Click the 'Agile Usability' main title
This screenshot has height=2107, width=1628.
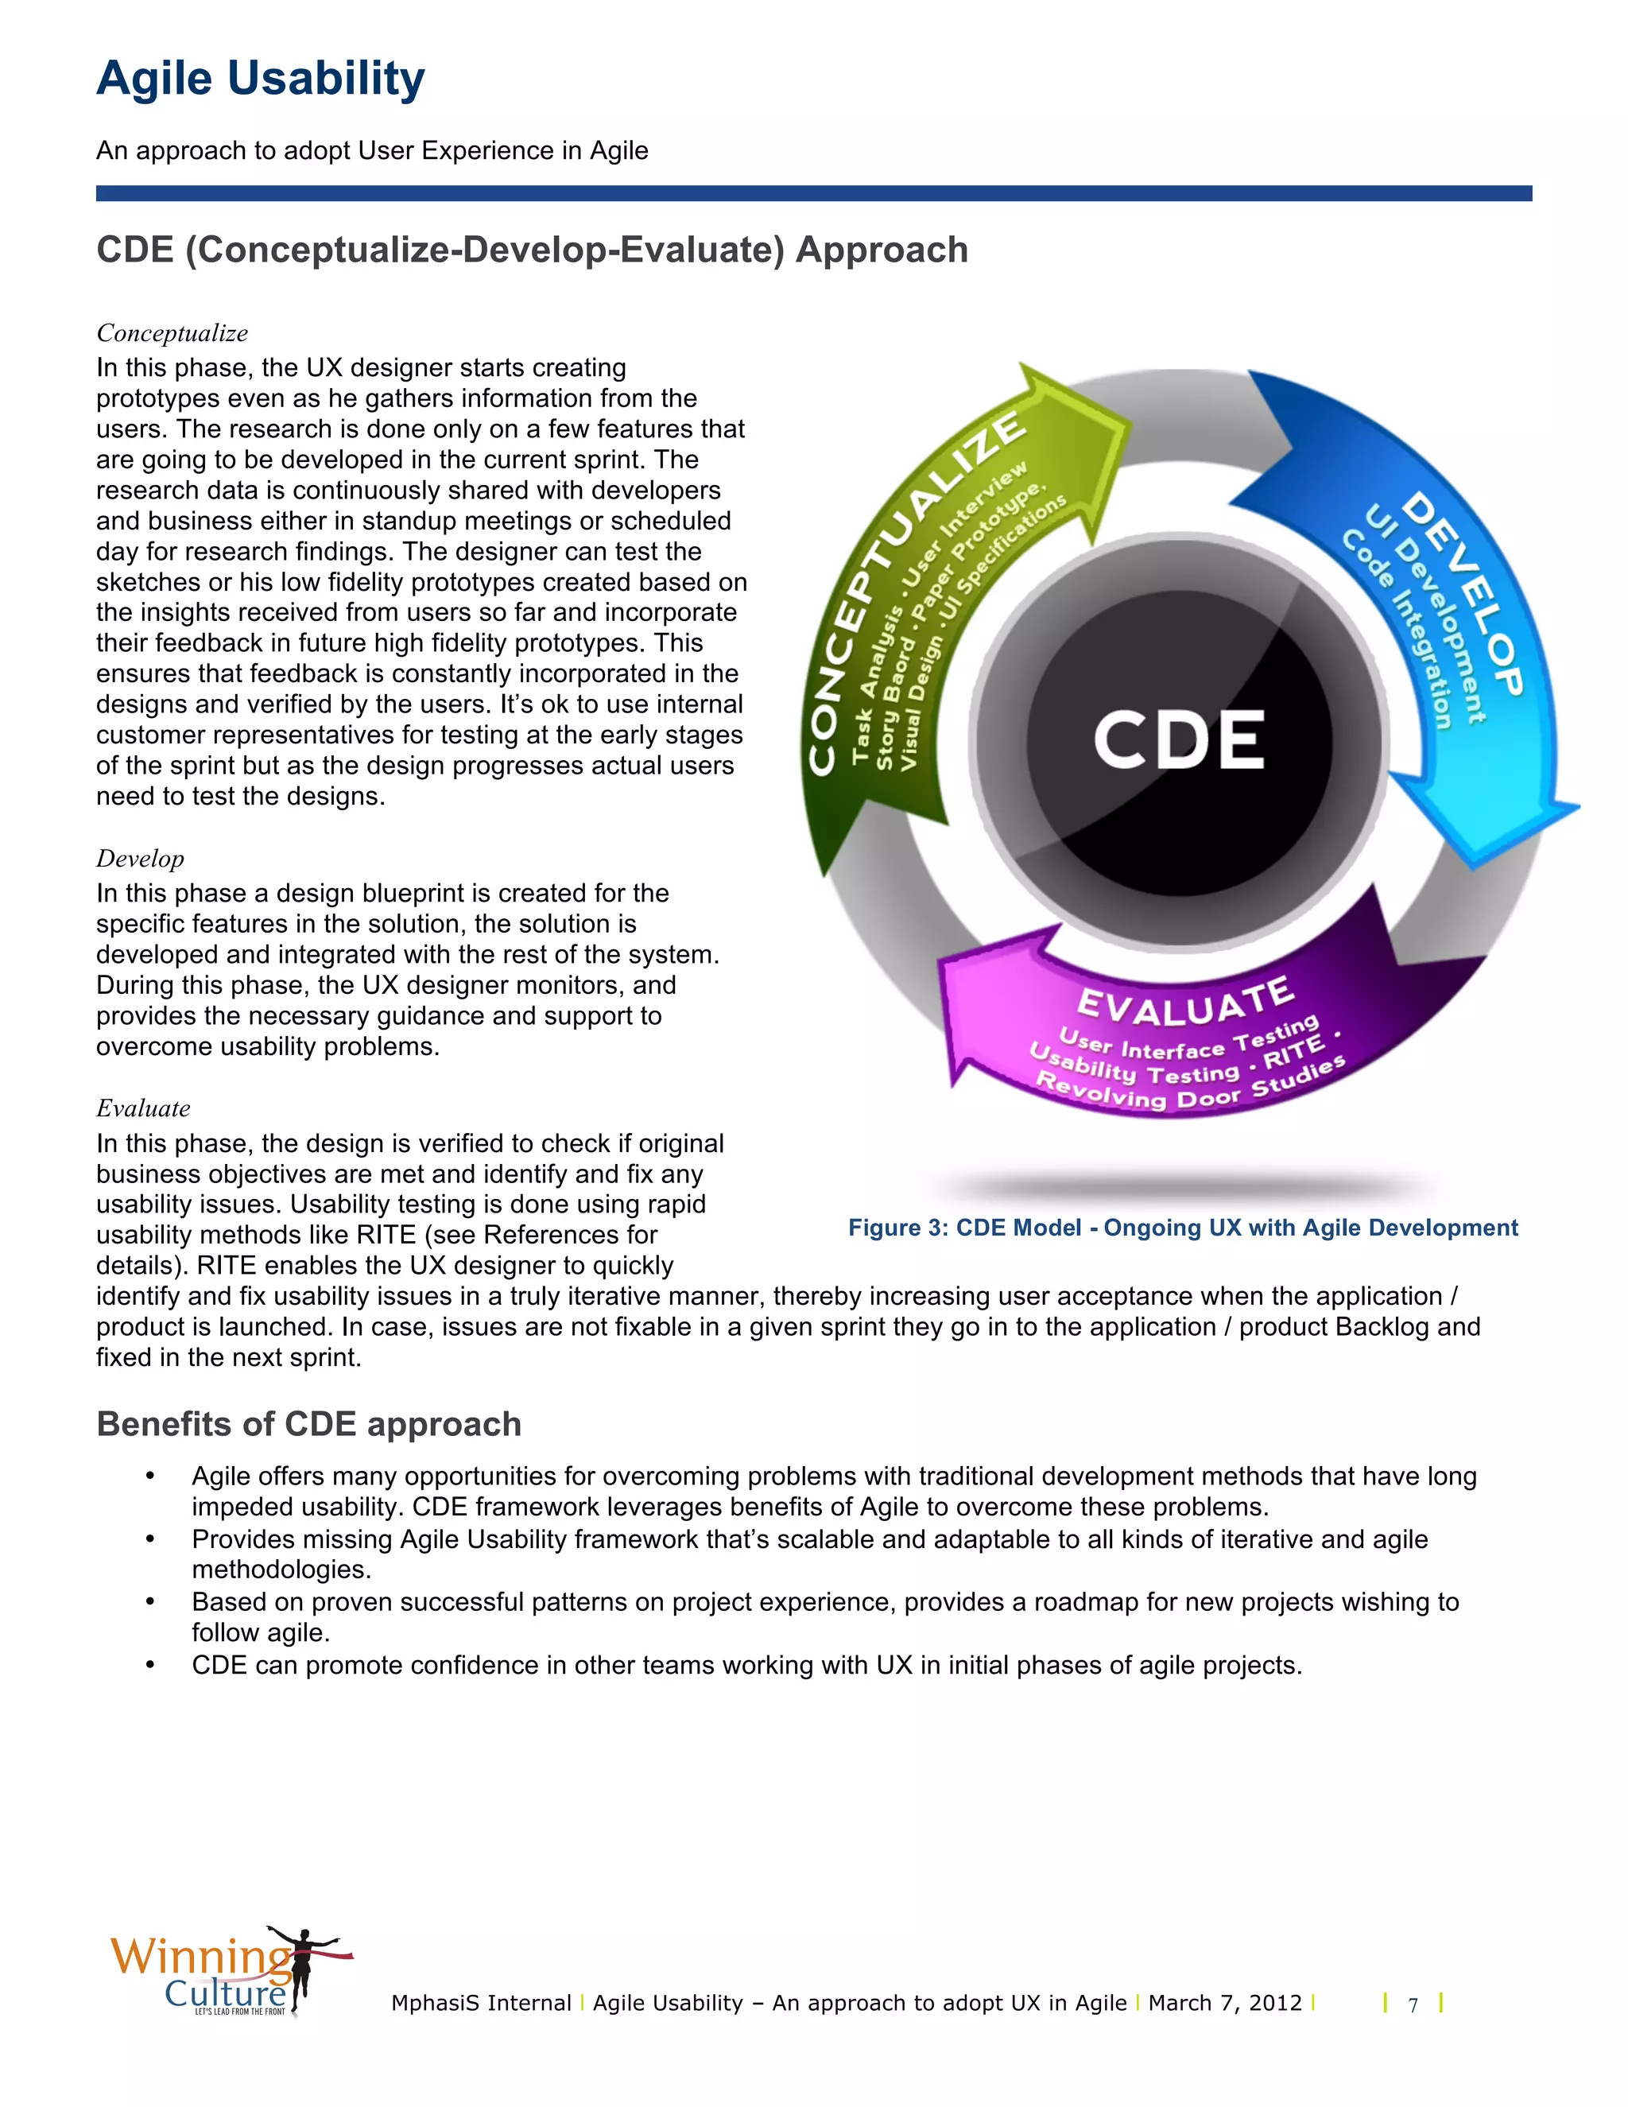tap(261, 79)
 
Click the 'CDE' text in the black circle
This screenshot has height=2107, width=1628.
tap(1179, 741)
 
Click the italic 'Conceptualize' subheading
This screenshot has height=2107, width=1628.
tap(172, 334)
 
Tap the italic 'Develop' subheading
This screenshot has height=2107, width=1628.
tap(140, 859)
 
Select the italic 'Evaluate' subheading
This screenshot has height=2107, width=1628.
tap(143, 1108)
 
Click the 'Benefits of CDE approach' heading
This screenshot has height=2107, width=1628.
tap(308, 1425)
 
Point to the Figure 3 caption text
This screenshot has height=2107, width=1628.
tap(1182, 1228)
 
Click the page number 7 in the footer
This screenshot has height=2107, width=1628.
tap(1413, 2006)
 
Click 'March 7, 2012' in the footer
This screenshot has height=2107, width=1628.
tap(1225, 2004)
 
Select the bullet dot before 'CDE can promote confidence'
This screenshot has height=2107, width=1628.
tap(150, 1665)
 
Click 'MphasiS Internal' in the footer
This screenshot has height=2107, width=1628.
tap(481, 2004)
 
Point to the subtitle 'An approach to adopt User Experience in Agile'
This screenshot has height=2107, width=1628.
tap(372, 151)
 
